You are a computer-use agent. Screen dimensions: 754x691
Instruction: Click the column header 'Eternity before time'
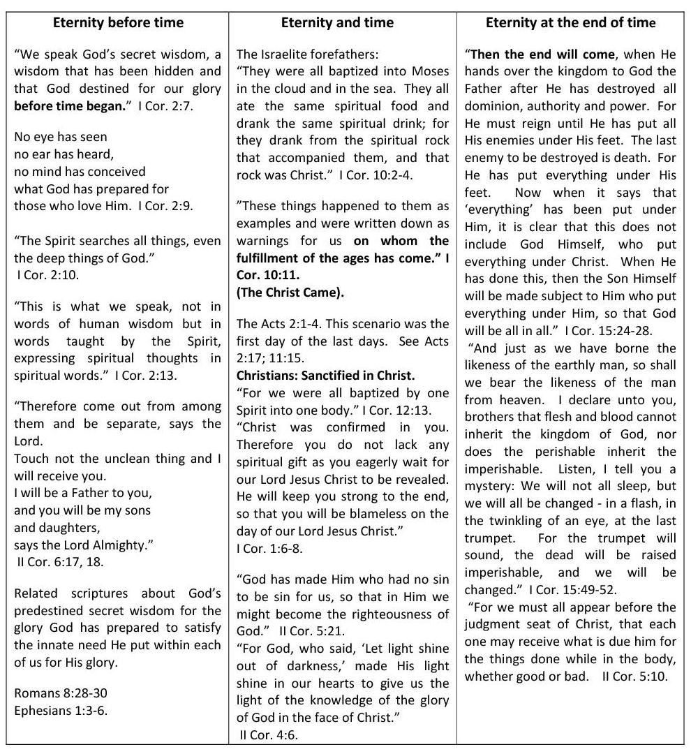click(118, 23)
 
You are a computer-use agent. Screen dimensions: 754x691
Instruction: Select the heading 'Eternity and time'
click(337, 23)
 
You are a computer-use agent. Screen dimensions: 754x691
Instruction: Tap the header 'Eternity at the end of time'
click(570, 23)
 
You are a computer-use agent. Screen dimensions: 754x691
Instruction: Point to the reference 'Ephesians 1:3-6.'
click(61, 711)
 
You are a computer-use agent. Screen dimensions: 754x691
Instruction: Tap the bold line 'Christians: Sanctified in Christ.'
click(326, 376)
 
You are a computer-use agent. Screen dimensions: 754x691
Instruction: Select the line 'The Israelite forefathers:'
click(303, 54)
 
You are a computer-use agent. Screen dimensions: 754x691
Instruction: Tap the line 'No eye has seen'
click(61, 138)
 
